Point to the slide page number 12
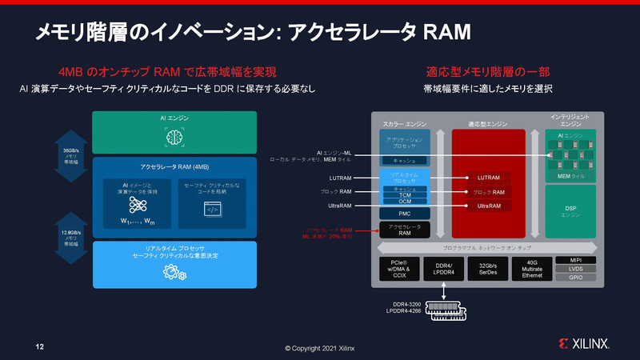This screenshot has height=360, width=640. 38,347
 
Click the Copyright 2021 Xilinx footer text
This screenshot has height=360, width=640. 320,348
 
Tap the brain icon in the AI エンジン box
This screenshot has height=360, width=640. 174,138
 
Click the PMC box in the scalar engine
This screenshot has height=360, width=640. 405,214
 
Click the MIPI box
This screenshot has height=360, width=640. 575,260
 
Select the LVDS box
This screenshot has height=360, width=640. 575,270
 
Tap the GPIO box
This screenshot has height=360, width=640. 575,278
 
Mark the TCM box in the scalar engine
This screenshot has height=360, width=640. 405,194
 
